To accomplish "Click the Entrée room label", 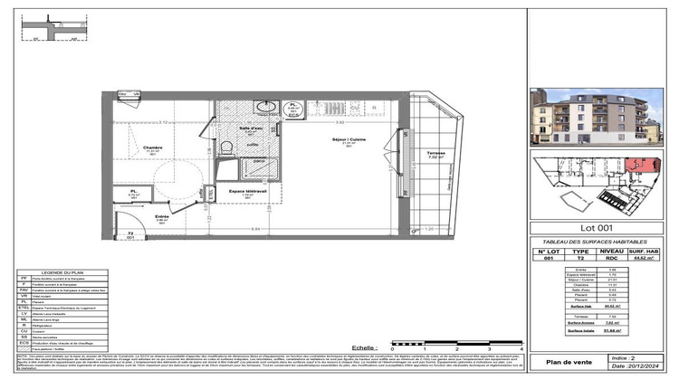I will [x=161, y=217].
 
